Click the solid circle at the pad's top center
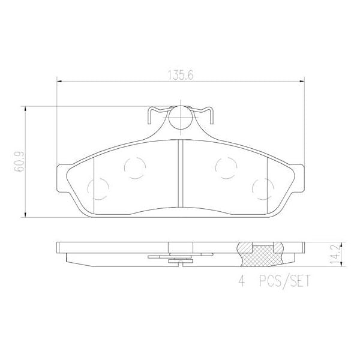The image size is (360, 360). click(x=180, y=118)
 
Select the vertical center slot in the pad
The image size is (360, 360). click(x=180, y=174)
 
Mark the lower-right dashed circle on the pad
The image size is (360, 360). click(x=262, y=188)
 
